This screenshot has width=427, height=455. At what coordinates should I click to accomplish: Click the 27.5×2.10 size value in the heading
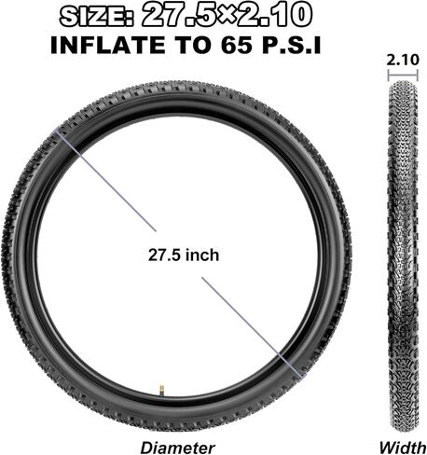[227, 15]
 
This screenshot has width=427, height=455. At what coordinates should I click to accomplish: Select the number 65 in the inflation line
[237, 45]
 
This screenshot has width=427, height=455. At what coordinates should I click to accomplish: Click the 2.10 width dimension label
[403, 60]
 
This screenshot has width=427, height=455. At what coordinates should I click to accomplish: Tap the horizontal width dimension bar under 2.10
[403, 76]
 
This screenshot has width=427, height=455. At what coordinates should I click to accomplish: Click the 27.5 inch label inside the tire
[184, 255]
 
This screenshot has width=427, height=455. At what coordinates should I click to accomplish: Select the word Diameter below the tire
[177, 448]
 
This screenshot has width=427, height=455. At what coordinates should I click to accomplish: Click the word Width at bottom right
[403, 448]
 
